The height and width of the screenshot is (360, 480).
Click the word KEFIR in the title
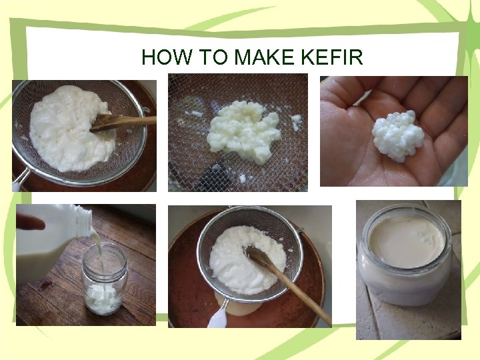tap(331, 57)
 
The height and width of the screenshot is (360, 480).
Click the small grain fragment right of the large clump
tap(296, 122)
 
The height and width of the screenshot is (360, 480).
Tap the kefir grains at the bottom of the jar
tap(103, 298)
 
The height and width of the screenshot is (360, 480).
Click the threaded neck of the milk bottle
tap(82, 218)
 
